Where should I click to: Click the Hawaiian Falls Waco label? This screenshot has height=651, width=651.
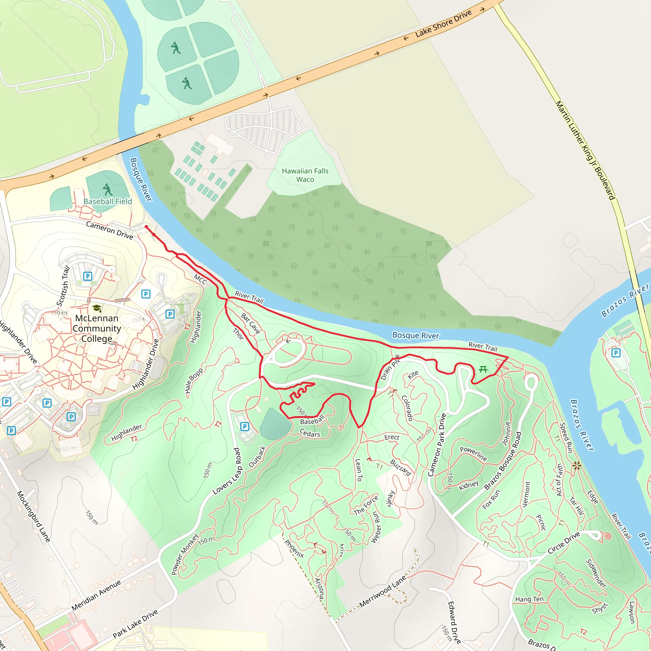click(x=305, y=175)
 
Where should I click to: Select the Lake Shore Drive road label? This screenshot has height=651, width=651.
click(x=443, y=24)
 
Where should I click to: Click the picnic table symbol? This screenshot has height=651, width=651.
click(x=483, y=369)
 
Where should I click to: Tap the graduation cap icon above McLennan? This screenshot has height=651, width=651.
click(x=97, y=308)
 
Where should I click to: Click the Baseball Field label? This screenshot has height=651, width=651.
click(x=107, y=201)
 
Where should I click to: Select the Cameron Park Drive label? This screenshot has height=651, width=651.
click(x=437, y=444)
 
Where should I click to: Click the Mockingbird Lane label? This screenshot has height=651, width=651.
click(x=34, y=516)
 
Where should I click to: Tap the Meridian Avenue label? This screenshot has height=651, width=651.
click(x=96, y=595)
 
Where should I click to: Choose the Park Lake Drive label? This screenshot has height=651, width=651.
click(x=135, y=624)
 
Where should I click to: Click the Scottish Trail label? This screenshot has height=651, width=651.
click(x=63, y=286)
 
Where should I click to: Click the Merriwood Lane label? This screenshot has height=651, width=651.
click(x=383, y=592)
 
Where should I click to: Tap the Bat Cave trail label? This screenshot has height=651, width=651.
click(x=250, y=324)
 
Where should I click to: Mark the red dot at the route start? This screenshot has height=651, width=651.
click(x=146, y=227)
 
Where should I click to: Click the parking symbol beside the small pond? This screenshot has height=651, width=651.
click(x=245, y=427)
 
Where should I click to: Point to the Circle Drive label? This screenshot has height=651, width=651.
click(x=564, y=543)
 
